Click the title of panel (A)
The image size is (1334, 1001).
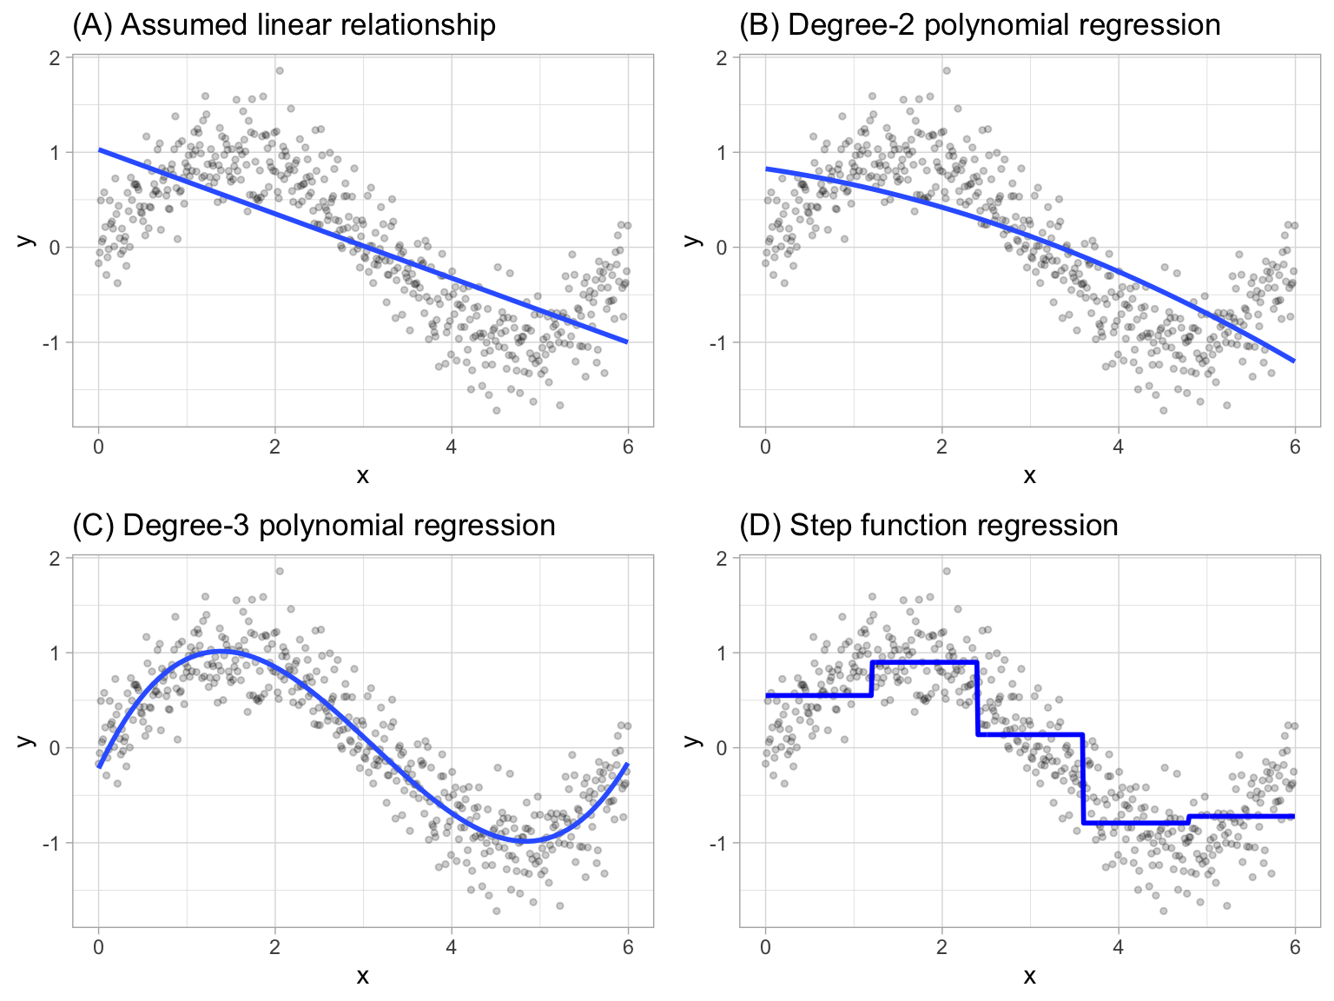283,25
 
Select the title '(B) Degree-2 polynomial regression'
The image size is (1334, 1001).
979,25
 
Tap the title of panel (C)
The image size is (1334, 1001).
313,526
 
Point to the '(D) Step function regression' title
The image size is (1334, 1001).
928,526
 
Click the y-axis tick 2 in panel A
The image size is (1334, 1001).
55,57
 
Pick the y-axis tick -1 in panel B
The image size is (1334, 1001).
718,342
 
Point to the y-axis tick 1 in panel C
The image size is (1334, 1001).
55,653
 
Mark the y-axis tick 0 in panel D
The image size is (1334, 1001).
722,747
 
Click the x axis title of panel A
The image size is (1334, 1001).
362,475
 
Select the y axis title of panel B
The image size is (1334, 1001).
692,240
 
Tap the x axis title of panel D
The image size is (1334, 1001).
1029,976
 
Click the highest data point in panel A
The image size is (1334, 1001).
279,70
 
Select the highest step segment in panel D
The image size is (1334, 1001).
924,662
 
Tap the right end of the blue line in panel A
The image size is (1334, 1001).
627,342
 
